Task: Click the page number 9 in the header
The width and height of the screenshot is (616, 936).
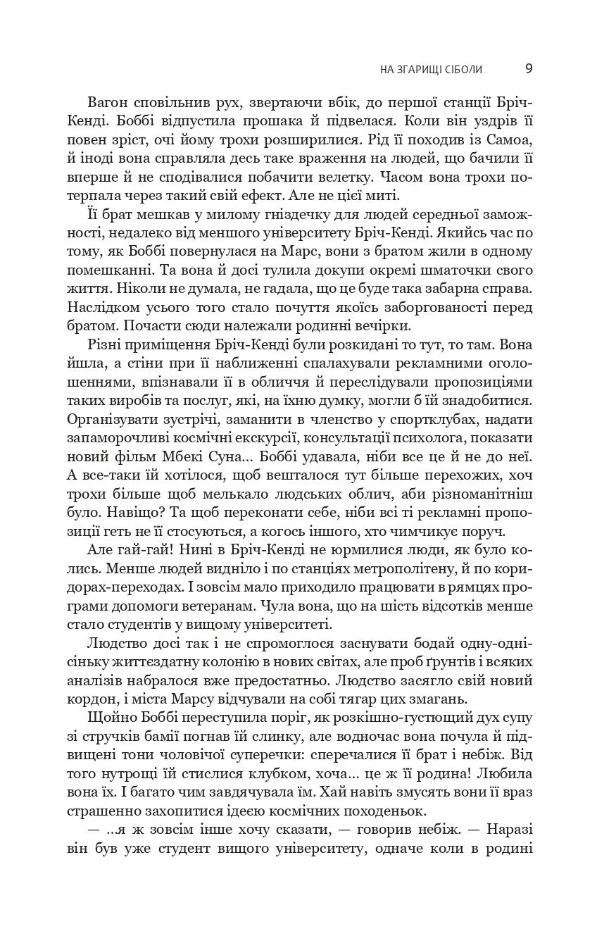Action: coord(529,69)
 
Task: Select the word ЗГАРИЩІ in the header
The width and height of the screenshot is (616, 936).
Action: coord(418,70)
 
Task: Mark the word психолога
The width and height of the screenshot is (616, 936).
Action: coord(431,437)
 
